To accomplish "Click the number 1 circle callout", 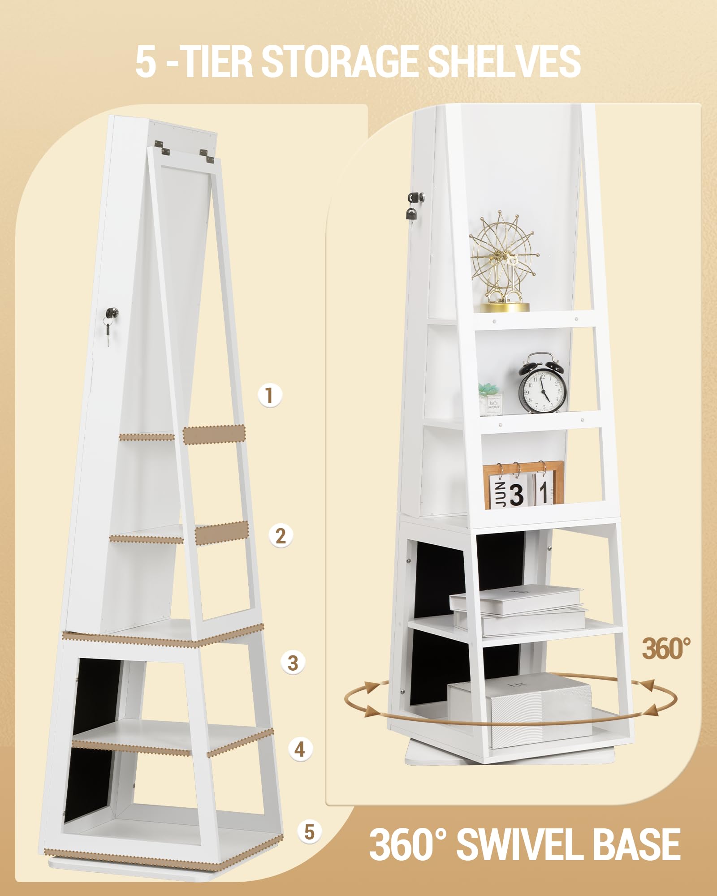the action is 269,395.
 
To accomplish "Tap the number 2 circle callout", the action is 281,535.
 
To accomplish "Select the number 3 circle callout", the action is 293,663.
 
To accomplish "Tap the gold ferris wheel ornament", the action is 504,263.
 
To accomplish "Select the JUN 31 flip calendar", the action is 523,486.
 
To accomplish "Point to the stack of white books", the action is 518,610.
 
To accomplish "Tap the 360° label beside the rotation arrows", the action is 666,648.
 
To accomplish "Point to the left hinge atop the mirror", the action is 163,147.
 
